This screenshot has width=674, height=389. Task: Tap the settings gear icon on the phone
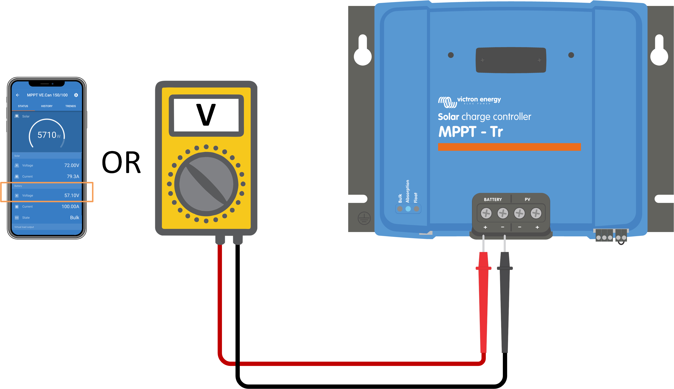pyautogui.click(x=76, y=95)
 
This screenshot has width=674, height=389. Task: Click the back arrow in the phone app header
pyautogui.click(x=18, y=95)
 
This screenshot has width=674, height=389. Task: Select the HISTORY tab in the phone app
pyautogui.click(x=47, y=106)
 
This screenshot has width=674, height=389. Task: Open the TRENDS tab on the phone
pyautogui.click(x=70, y=106)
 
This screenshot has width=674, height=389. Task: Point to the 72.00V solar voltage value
pyautogui.click(x=72, y=165)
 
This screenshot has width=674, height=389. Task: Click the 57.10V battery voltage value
pyautogui.click(x=72, y=195)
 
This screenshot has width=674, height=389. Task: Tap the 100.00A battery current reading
pyautogui.click(x=70, y=207)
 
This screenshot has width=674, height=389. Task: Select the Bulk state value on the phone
pyautogui.click(x=75, y=217)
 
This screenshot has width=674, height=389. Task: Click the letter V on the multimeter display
pyautogui.click(x=206, y=115)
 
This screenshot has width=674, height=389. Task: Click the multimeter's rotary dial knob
pyautogui.click(x=206, y=184)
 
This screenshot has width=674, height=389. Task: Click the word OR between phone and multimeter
pyautogui.click(x=121, y=162)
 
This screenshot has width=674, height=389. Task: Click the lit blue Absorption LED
pyautogui.click(x=408, y=209)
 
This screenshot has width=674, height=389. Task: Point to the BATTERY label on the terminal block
pyautogui.click(x=493, y=200)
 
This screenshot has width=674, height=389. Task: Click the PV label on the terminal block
pyautogui.click(x=527, y=199)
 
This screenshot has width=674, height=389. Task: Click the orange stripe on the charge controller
pyautogui.click(x=509, y=147)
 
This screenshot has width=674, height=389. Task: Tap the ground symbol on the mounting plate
pyautogui.click(x=364, y=218)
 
